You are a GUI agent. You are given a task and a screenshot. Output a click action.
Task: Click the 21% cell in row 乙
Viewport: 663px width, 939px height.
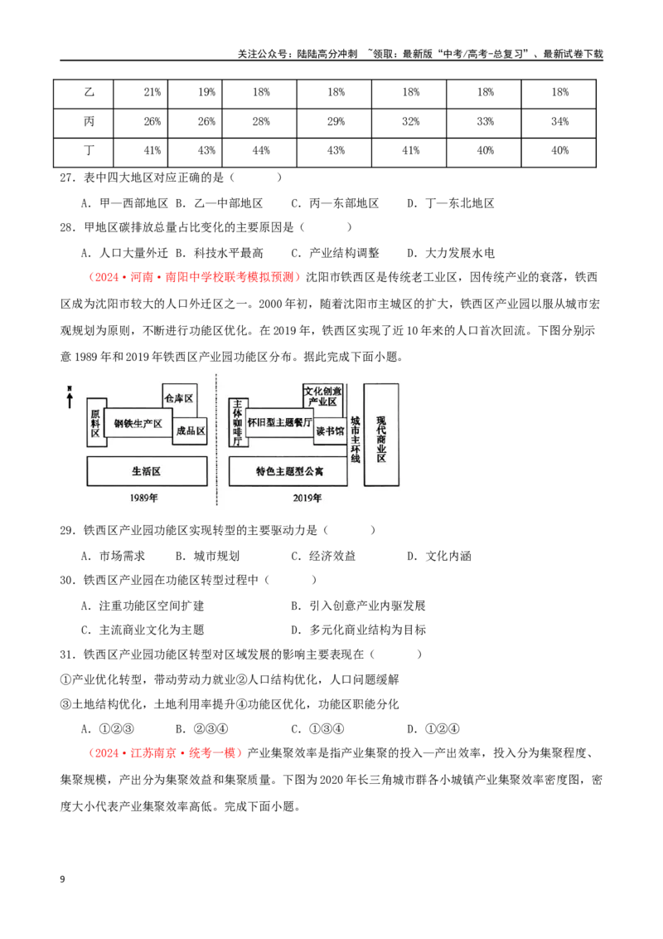140,93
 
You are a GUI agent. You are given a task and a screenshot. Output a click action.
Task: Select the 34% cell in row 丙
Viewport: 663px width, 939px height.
559,122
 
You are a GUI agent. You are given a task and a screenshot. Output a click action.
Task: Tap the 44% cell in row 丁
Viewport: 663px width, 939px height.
259,152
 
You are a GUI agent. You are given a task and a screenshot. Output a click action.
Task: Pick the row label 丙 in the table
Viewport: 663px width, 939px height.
89,122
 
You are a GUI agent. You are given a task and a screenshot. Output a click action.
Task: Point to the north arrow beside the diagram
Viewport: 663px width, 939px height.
70,397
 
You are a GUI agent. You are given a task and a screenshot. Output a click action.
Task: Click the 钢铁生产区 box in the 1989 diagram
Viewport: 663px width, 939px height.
138,423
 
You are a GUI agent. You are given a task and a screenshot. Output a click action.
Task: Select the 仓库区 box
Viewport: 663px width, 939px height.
179,398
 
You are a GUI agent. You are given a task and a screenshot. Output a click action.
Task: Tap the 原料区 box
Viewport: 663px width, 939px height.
95,422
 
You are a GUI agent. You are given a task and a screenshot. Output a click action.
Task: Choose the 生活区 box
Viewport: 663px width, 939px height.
147,470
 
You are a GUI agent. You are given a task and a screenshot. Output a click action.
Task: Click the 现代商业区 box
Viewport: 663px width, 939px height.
380,435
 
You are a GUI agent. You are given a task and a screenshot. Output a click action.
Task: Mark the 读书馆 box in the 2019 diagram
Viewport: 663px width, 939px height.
330,431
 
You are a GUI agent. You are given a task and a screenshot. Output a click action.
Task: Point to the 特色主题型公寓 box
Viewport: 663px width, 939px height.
288,471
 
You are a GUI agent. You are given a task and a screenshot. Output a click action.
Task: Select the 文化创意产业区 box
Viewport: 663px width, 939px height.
322,397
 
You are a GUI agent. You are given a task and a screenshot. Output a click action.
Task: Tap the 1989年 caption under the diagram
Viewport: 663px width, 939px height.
143,498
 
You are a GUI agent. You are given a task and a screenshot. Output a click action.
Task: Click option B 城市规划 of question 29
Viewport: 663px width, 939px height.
207,556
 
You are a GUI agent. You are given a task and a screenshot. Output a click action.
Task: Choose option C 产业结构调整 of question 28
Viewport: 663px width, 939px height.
335,253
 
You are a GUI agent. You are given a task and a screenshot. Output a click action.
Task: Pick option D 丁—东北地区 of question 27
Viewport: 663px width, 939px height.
451,203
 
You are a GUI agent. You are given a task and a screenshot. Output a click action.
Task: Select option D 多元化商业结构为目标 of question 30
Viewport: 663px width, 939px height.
358,630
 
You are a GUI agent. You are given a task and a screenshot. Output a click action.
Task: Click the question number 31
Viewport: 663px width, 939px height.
67,654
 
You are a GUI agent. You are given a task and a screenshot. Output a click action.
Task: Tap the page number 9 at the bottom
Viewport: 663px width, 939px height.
62,879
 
